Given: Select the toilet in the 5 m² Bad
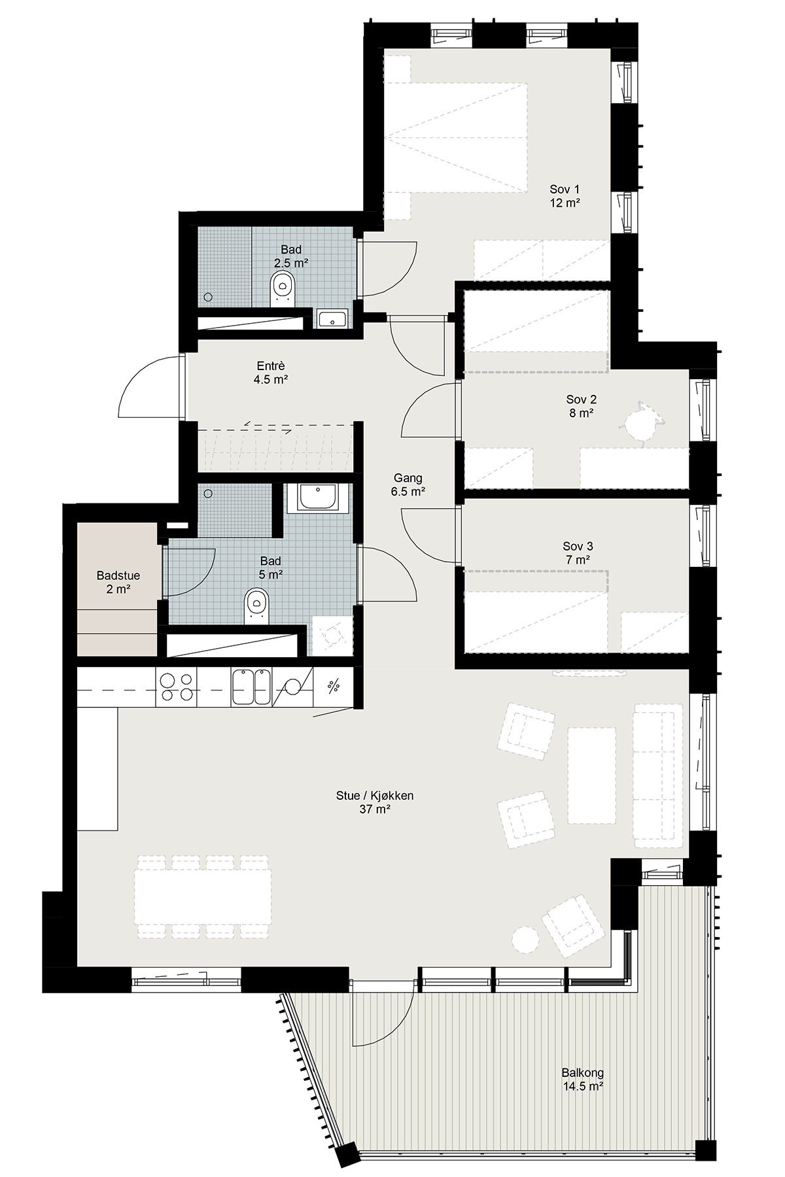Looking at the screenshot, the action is [x=256, y=605].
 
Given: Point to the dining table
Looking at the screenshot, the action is [x=203, y=896].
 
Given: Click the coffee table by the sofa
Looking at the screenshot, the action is [x=591, y=776].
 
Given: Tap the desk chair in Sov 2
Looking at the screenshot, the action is [x=639, y=424].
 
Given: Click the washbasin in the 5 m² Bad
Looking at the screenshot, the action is [x=317, y=498].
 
